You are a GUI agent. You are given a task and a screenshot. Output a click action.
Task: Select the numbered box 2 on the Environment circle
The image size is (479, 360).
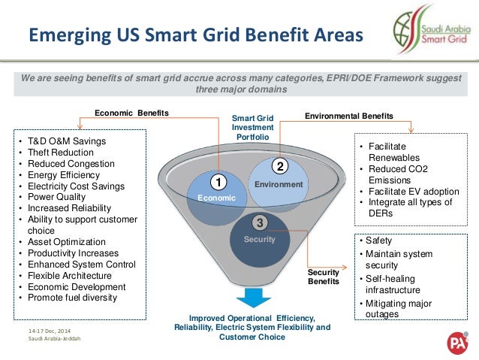[279, 165]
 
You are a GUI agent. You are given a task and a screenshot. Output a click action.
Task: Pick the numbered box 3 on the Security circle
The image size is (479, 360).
[258, 222]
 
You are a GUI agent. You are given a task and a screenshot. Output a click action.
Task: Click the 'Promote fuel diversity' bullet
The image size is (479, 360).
[73, 298]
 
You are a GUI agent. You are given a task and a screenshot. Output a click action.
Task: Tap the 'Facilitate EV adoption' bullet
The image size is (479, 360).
[414, 191]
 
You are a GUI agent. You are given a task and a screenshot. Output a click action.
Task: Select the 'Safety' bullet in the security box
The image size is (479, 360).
[378, 241]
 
